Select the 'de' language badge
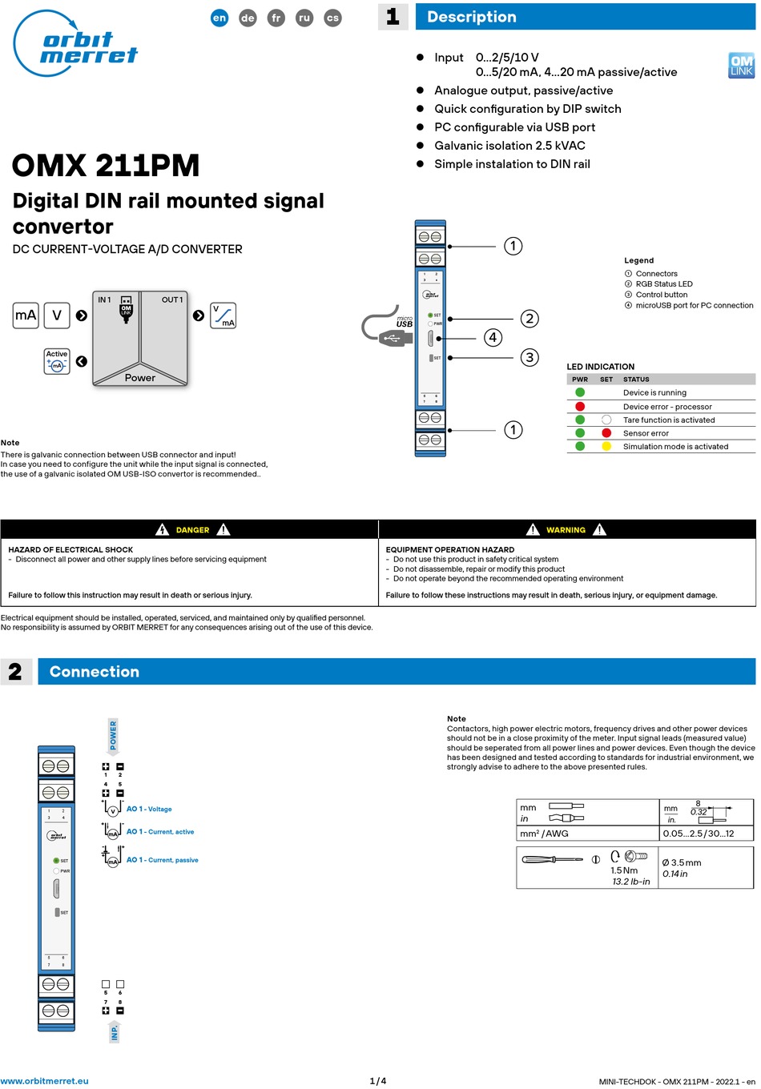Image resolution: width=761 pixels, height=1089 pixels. (248, 18)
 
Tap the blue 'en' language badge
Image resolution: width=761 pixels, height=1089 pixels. (219, 18)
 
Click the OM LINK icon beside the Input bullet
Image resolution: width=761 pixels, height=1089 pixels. (741, 65)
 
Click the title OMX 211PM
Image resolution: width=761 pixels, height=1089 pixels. (106, 166)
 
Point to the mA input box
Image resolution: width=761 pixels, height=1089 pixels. (26, 315)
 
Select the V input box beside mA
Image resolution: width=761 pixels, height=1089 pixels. (57, 315)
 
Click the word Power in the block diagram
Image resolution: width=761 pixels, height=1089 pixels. (140, 378)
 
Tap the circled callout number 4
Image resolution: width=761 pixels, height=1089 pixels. (493, 338)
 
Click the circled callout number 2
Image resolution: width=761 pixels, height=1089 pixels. (529, 319)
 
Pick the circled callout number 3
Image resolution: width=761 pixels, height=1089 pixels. (529, 357)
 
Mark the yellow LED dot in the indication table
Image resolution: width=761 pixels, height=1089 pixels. (606, 447)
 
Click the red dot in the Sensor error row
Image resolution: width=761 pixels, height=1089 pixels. (606, 433)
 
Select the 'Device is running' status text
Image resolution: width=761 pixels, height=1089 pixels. (654, 393)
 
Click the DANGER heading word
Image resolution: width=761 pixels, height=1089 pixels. (192, 530)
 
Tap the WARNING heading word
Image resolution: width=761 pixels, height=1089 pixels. (566, 530)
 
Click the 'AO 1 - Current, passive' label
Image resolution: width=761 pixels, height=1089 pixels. (162, 860)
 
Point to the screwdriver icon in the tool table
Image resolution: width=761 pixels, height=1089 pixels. (552, 860)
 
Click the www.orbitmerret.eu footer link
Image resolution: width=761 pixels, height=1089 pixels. (45, 1081)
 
